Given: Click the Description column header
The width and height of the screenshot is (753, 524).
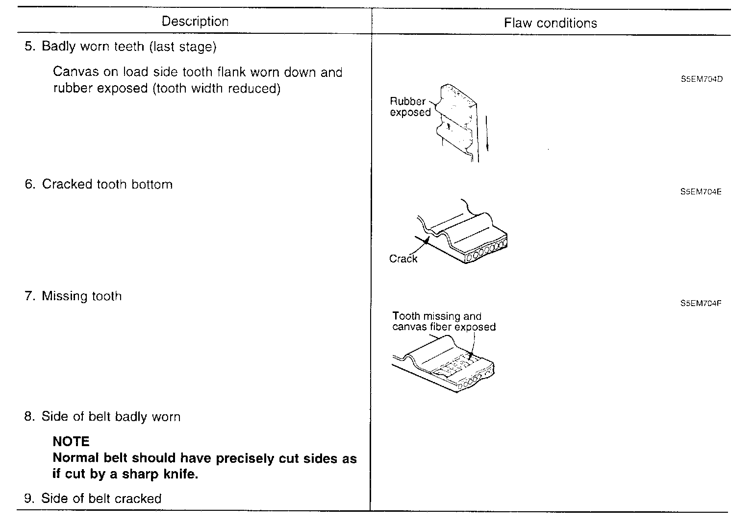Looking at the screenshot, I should click(195, 22).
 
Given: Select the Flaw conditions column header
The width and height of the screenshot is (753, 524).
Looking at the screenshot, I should click(550, 23).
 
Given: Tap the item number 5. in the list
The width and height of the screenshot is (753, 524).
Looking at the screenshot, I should click(30, 47).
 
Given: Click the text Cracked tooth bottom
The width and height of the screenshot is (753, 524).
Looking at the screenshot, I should click(107, 184).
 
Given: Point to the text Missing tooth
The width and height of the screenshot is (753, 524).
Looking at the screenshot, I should click(81, 296).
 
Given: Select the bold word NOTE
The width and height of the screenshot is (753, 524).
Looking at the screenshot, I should click(71, 441).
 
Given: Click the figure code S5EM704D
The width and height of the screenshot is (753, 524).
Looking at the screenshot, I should click(701, 79).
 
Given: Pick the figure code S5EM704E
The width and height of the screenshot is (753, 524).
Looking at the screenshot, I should click(701, 191).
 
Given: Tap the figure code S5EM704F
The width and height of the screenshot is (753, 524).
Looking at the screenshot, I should click(701, 303).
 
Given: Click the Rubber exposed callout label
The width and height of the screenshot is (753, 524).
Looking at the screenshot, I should click(410, 107).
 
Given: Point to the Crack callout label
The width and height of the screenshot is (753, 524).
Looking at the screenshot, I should click(403, 259).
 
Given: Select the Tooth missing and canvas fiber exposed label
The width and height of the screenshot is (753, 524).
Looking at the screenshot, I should click(443, 322).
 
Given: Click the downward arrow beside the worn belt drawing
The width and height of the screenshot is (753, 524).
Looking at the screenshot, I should click(487, 133).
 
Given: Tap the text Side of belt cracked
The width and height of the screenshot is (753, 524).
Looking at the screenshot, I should click(101, 499).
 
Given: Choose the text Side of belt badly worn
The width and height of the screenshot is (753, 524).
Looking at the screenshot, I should click(111, 417).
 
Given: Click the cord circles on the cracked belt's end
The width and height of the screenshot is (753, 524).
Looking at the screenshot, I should click(486, 249).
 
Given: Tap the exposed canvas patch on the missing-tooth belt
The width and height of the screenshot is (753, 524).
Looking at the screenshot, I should click(456, 365).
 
